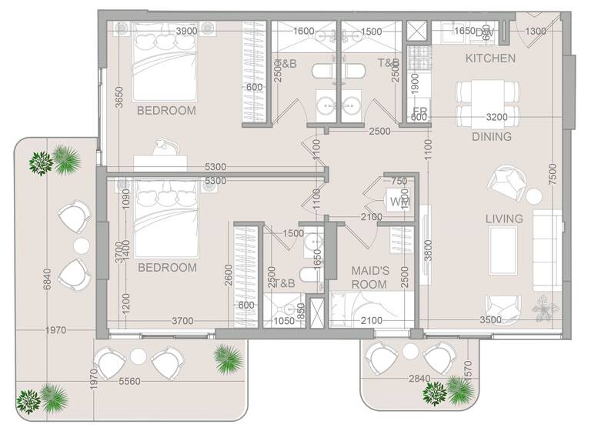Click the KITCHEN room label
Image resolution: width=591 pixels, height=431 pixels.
coord(491,58)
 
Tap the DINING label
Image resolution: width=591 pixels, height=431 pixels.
coord(492,137)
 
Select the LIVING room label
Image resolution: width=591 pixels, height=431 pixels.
coord(504,219)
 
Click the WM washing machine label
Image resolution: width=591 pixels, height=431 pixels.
coord(399,202)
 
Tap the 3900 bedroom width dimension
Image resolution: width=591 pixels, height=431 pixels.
coord(186,31)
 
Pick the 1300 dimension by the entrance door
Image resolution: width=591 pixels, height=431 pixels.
coord(536,31)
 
